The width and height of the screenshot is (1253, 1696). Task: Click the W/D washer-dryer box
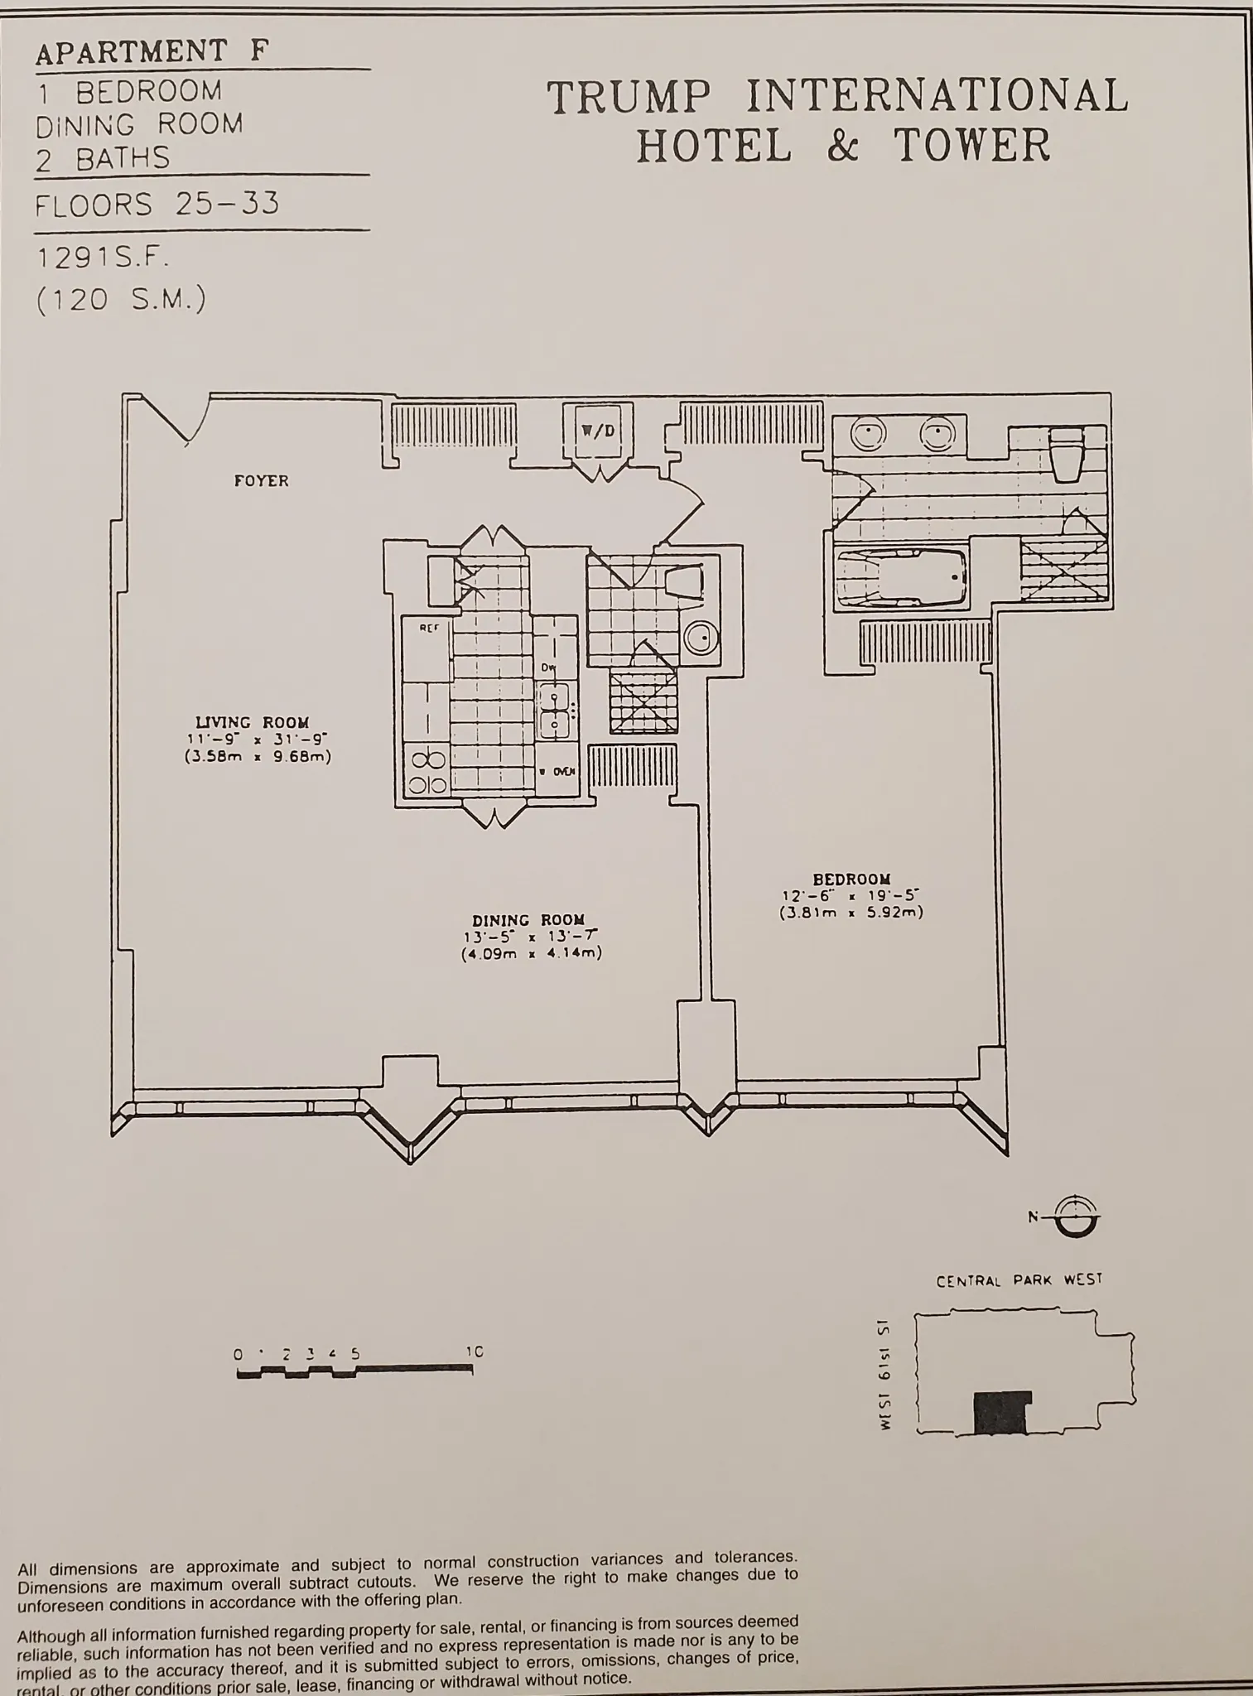pos(598,431)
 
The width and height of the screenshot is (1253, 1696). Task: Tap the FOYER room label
pos(261,480)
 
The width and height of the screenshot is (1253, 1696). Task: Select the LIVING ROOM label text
pos(252,722)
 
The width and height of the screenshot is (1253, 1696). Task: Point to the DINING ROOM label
pos(528,920)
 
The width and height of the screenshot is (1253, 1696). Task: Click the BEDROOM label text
pos(851,879)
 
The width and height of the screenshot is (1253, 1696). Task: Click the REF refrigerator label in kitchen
pos(428,629)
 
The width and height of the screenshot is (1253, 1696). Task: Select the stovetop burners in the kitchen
pos(427,772)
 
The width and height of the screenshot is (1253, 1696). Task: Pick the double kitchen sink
pos(553,711)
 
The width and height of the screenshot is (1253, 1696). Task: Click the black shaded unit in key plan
pos(1001,1413)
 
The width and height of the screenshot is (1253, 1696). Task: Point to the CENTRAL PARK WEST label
pos(1019,1280)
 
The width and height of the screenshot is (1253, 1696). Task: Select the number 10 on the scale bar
pos(474,1352)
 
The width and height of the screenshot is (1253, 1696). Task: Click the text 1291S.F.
pos(104,258)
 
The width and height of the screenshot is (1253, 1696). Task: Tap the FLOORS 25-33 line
pos(157,204)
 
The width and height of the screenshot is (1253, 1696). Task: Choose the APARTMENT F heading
pos(152,51)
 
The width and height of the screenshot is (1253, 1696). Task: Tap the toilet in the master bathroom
pos(1065,452)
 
